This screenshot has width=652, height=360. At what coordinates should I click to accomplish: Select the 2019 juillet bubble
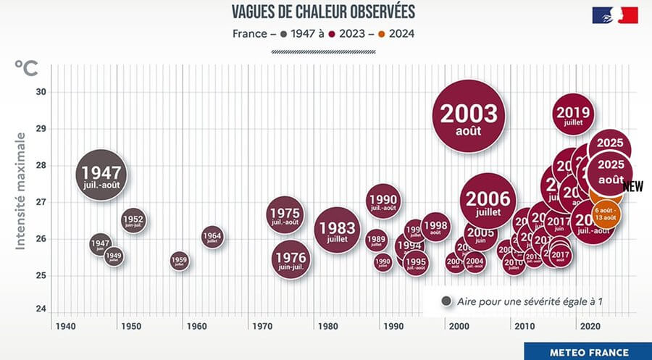click(x=574, y=114)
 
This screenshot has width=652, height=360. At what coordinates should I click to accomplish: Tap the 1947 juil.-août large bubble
click(x=102, y=175)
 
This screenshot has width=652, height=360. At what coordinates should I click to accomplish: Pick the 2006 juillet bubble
click(x=488, y=201)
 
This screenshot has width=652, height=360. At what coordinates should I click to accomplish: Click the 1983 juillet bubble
click(x=338, y=230)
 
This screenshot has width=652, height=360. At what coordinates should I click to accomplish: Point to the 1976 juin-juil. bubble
click(x=291, y=261)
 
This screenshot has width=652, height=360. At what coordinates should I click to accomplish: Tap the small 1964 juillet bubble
click(x=212, y=237)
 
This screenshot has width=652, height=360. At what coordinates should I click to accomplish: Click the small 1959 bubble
click(x=179, y=261)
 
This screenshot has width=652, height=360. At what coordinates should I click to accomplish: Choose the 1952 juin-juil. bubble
click(x=133, y=220)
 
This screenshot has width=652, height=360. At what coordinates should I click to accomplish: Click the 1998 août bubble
click(x=435, y=227)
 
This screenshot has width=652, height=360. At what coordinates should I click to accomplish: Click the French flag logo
click(x=615, y=15)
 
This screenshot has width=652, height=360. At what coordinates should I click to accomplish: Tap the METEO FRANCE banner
click(x=588, y=352)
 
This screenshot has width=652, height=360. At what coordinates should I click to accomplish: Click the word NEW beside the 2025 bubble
click(x=633, y=186)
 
